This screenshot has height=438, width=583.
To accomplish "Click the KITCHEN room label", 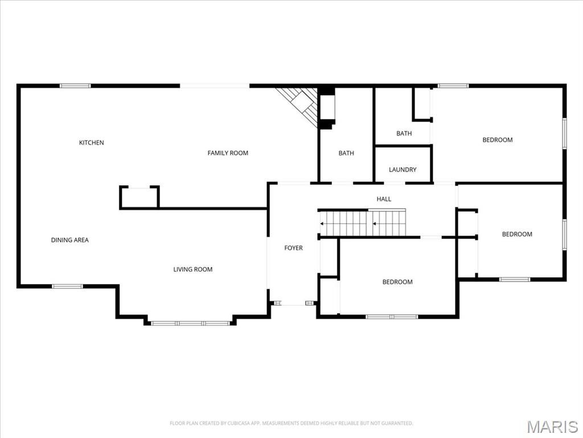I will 91,143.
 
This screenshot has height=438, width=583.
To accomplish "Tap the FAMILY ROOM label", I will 228,153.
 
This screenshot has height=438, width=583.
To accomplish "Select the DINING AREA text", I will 69,240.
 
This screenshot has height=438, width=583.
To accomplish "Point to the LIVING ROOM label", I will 192,269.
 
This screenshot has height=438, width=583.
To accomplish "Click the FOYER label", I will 293,248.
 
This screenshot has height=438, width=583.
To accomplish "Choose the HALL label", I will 384,199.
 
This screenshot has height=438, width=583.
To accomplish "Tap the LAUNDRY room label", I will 403,169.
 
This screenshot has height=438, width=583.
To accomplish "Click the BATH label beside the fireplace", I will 346,153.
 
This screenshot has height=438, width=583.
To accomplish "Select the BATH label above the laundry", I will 404,133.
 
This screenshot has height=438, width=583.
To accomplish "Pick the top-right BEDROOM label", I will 497,140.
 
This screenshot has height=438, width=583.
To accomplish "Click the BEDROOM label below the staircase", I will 397,282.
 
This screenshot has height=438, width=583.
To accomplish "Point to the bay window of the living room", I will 190,323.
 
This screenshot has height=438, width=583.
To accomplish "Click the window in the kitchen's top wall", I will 75,86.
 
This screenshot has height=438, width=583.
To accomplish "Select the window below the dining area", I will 67,286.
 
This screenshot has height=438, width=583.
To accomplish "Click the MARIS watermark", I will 552,427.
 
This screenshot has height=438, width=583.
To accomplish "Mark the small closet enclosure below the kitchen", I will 139,197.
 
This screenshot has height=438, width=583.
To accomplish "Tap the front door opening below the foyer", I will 293,303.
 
